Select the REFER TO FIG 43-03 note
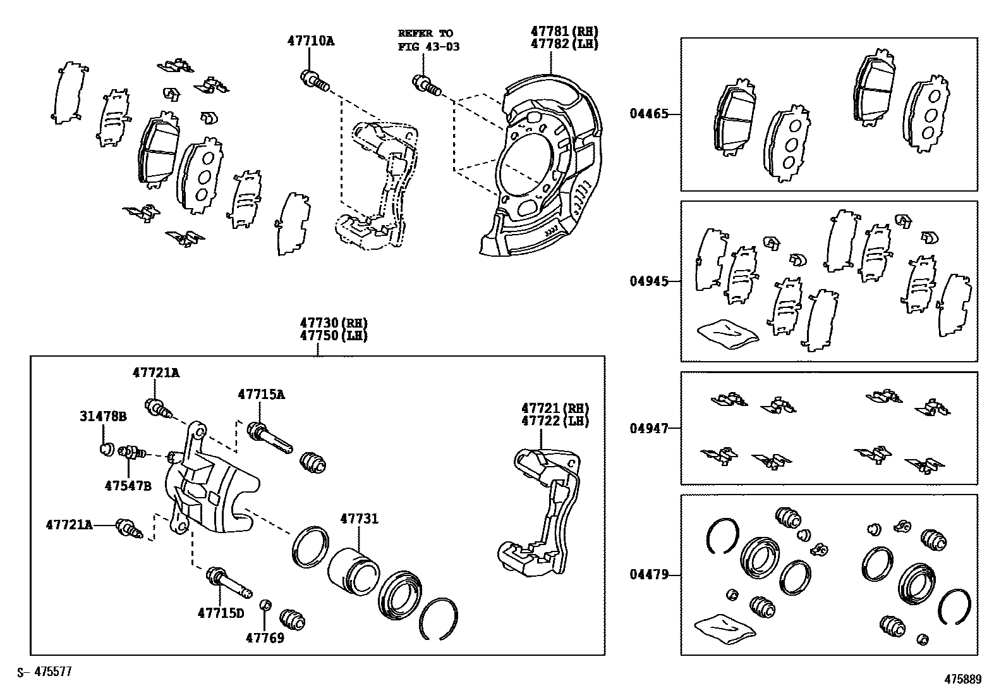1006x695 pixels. point(428,40)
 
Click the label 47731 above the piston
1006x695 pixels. point(359,519)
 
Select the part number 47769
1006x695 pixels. point(265,637)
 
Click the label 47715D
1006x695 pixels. point(221,613)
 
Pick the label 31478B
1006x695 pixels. point(103,416)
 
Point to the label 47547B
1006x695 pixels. point(128,485)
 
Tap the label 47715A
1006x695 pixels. point(261,394)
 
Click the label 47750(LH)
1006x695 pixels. point(334,335)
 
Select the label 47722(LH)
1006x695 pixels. point(555,421)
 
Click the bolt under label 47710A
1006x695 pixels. point(314,80)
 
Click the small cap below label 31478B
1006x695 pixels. point(106,450)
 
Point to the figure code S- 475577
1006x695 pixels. point(44,672)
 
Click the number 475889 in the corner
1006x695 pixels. point(962,679)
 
